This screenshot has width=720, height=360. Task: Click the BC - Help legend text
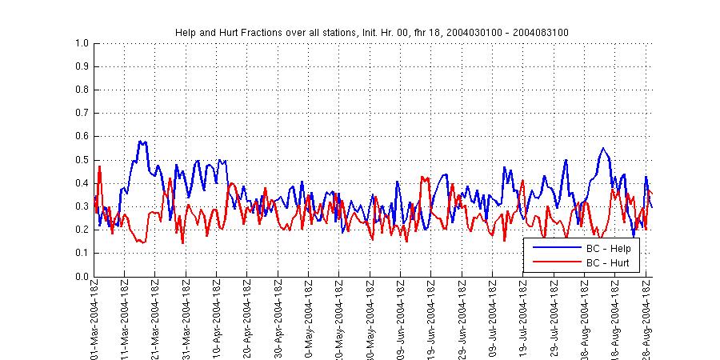609,249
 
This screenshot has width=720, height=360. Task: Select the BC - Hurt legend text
609,262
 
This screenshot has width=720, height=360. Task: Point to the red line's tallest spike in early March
99,166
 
